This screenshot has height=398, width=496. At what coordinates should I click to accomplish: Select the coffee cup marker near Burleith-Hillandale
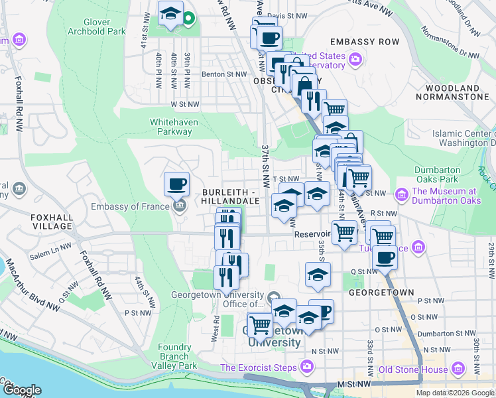[176, 184]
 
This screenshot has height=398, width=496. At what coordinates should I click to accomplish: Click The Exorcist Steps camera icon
[306, 366]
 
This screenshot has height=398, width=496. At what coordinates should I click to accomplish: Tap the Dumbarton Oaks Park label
[437, 174]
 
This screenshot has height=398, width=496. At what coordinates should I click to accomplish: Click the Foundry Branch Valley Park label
[178, 356]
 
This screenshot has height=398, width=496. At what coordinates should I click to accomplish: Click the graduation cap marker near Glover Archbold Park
[170, 13]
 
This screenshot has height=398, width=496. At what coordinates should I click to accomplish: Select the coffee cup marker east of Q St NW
[384, 258]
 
